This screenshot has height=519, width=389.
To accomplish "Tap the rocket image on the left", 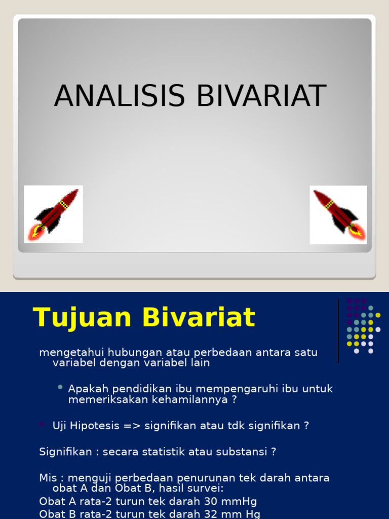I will point(54,214).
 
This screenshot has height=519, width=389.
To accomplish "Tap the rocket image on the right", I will point(338,214).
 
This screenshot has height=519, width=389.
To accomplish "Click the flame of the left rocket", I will point(37,232).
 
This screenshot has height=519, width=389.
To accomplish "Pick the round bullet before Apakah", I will point(60,387).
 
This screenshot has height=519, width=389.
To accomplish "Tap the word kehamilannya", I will point(193,399).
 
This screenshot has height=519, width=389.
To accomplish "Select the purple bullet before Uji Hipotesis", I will point(42,424).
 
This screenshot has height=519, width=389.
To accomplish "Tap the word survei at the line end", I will point(204,489).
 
